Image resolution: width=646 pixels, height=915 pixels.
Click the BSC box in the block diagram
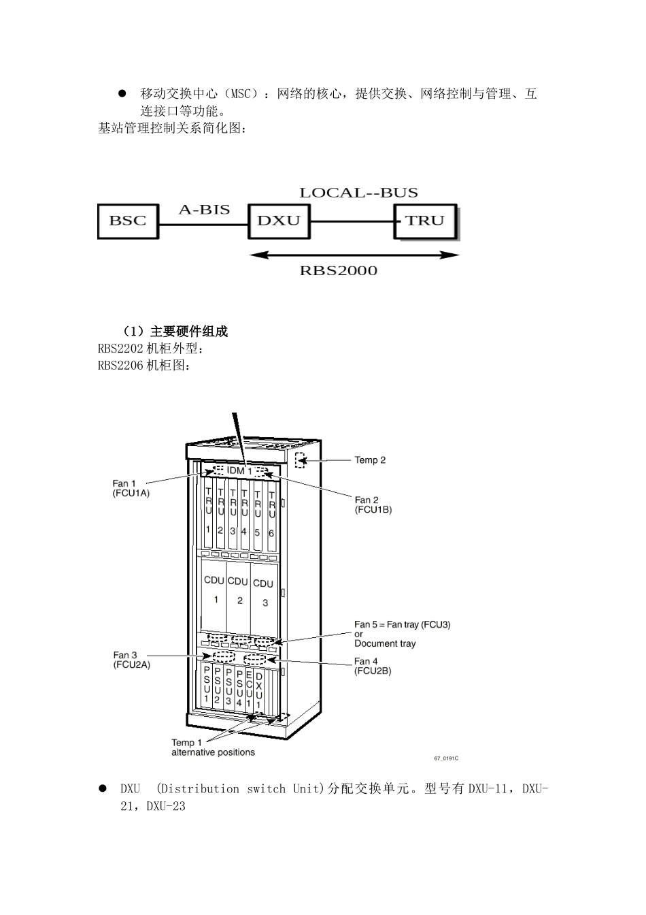click(x=128, y=221)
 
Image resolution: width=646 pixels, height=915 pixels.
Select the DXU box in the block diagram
click(x=279, y=221)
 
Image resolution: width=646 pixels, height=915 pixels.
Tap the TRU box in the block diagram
click(x=425, y=221)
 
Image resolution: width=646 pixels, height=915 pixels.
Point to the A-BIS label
click(x=205, y=210)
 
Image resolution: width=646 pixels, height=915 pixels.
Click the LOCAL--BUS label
click(x=359, y=193)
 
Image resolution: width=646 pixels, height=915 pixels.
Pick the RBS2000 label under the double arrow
click(x=339, y=270)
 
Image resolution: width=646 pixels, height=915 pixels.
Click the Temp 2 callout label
click(x=370, y=460)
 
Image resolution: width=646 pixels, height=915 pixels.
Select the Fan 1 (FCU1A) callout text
click(x=131, y=488)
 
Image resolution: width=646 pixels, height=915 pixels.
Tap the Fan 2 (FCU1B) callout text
click(x=373, y=504)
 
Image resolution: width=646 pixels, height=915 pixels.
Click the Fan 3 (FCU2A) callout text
click(x=132, y=660)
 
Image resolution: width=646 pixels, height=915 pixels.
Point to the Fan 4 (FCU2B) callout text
click(x=373, y=666)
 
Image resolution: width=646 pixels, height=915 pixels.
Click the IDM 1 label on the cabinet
click(x=239, y=470)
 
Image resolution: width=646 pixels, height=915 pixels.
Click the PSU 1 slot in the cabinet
click(x=207, y=689)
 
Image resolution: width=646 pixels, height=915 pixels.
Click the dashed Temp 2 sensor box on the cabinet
click(x=300, y=460)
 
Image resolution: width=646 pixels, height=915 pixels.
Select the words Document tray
click(x=385, y=644)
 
